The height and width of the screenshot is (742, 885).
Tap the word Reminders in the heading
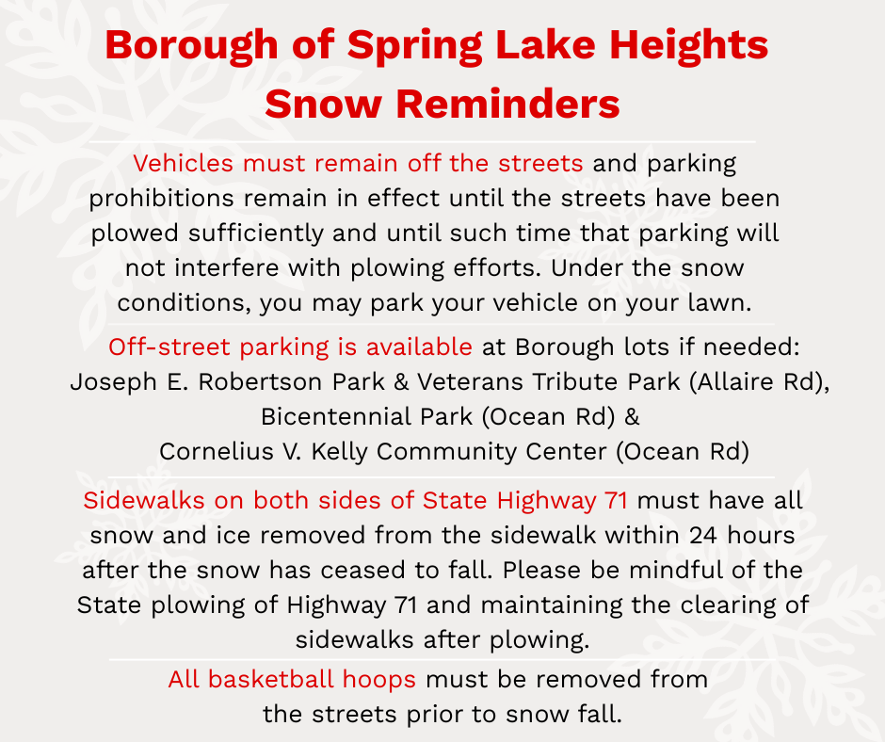(507, 104)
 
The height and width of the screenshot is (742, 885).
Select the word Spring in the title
(415, 46)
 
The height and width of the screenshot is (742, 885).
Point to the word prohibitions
(161, 198)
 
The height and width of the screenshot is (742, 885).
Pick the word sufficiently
(255, 234)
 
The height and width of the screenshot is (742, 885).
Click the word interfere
(226, 267)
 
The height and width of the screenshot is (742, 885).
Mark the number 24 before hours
(703, 536)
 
